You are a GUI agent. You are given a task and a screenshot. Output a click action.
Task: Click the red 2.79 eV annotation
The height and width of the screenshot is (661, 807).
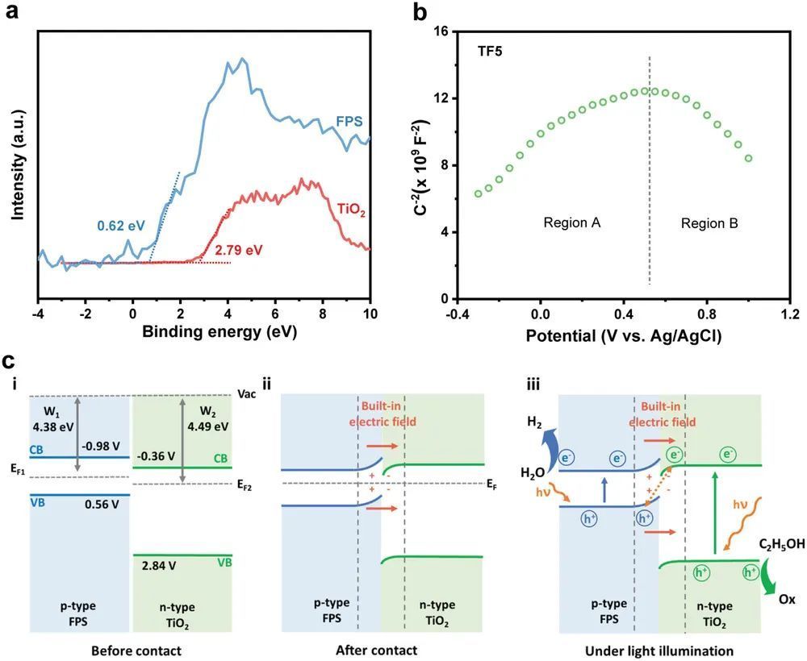[238, 251]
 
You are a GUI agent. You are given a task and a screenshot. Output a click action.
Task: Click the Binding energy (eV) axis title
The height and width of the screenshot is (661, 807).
[203, 330]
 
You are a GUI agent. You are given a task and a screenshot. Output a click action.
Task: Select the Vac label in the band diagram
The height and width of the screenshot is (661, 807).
[249, 395]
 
